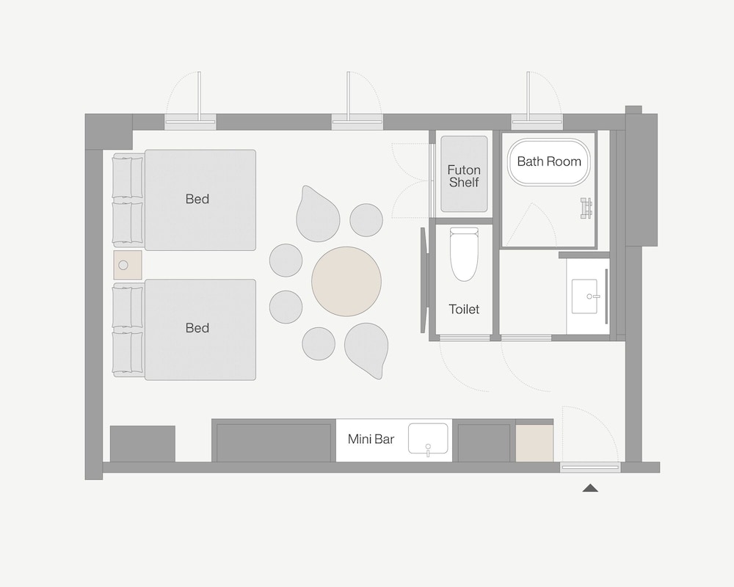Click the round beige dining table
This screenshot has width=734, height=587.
click(346, 282)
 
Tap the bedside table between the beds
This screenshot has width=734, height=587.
click(128, 265)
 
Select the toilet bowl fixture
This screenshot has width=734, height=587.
click(464, 254)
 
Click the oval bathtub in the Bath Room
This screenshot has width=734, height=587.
click(548, 162)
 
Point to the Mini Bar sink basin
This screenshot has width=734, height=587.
click(428, 439)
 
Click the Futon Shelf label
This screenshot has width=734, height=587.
click(464, 176)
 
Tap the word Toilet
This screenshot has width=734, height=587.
click(464, 309)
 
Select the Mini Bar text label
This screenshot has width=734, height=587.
click(371, 439)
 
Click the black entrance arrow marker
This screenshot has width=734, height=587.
click(590, 488)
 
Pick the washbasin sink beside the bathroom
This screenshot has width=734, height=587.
click(585, 296)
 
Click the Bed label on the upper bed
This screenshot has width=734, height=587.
click(197, 199)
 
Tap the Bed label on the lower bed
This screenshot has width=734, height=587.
click(197, 328)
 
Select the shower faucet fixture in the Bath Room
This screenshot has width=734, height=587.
click(586, 208)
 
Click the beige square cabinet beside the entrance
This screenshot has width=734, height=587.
click(534, 443)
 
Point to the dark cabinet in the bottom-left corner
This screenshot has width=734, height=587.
click(143, 444)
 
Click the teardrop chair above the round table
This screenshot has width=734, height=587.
click(318, 214)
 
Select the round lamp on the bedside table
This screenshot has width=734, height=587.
click(123, 265)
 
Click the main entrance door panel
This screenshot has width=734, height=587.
click(590, 467)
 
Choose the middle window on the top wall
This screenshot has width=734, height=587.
click(357, 123)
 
